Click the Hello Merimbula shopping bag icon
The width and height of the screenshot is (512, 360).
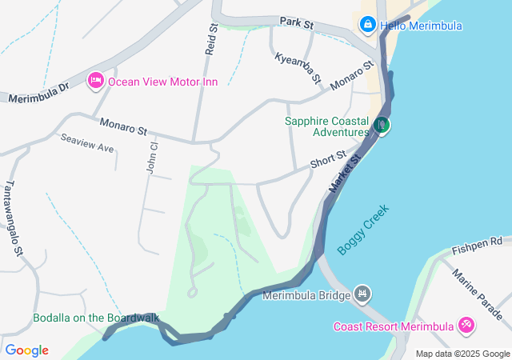(x=367, y=25)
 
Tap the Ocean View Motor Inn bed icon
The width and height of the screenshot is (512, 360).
(x=96, y=81)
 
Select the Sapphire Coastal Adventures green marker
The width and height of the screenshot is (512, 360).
(x=382, y=125)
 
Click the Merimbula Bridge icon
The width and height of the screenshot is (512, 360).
(x=362, y=295)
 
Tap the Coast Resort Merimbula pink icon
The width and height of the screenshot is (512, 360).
(x=466, y=325)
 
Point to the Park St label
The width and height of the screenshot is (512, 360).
(x=296, y=23)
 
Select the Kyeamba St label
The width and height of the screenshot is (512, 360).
(x=298, y=69)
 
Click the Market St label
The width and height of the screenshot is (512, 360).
(x=346, y=173)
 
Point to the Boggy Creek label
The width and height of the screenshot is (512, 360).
(x=362, y=230)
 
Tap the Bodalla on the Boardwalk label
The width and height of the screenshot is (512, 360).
(x=95, y=318)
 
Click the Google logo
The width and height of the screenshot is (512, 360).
(x=27, y=350)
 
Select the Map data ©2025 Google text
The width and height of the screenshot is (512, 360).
(x=462, y=354)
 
